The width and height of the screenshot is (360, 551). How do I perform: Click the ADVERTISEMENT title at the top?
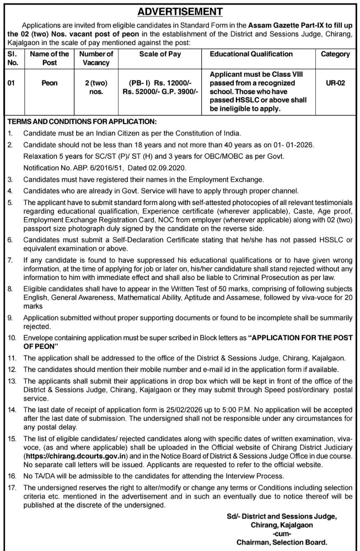[x=180, y=10]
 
